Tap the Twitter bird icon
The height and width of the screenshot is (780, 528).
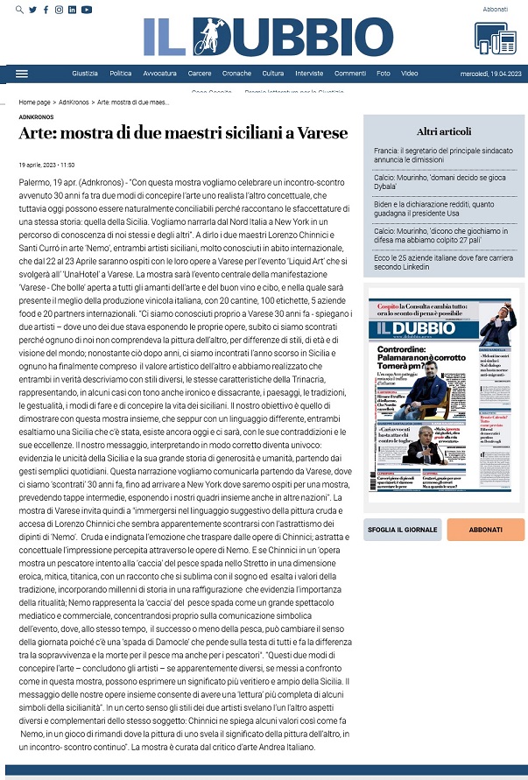click(32, 10)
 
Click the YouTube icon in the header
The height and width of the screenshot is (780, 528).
click(86, 10)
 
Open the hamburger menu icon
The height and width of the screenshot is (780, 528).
click(22, 74)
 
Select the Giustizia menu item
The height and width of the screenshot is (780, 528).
click(85, 74)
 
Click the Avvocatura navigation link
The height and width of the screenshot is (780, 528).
click(159, 74)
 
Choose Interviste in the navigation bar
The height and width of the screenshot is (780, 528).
click(309, 74)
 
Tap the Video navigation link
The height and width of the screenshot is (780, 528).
click(409, 74)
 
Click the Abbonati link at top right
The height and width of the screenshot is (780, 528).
click(495, 9)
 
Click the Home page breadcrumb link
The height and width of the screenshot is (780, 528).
click(34, 102)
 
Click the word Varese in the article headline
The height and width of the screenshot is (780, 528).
click(326, 133)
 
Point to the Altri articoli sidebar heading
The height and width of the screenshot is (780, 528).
click(444, 131)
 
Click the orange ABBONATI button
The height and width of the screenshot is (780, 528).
click(473, 529)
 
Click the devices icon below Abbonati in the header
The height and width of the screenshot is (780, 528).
click(496, 37)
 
